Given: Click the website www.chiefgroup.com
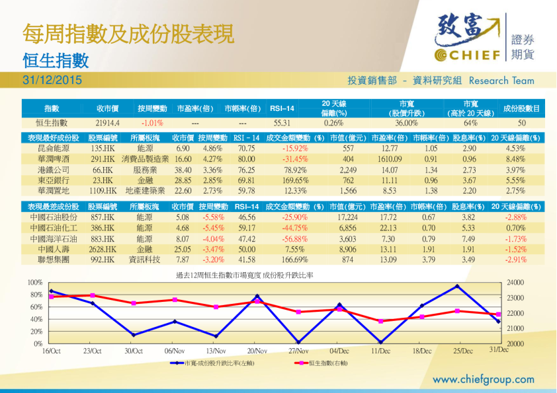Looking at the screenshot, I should pyautogui.click(x=483, y=379).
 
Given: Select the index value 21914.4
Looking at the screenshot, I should pyautogui.click(x=107, y=123).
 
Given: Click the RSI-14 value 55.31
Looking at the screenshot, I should pyautogui.click(x=282, y=123).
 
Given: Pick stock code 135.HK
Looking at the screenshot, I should pyautogui.click(x=103, y=149).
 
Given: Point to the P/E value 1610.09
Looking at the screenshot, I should pyautogui.click(x=390, y=159).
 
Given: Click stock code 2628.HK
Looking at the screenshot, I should pyautogui.click(x=103, y=249).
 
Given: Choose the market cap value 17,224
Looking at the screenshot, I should pyautogui.click(x=347, y=217).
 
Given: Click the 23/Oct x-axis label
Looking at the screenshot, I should pyautogui.click(x=93, y=351).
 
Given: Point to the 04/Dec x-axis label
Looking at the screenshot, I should pyautogui.click(x=339, y=351).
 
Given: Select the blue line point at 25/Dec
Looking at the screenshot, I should pyautogui.click(x=457, y=286).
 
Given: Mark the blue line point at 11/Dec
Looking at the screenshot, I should pyautogui.click(x=380, y=341).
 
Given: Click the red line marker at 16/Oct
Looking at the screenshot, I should pyautogui.click(x=52, y=297).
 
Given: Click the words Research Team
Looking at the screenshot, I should pyautogui.click(x=501, y=81).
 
